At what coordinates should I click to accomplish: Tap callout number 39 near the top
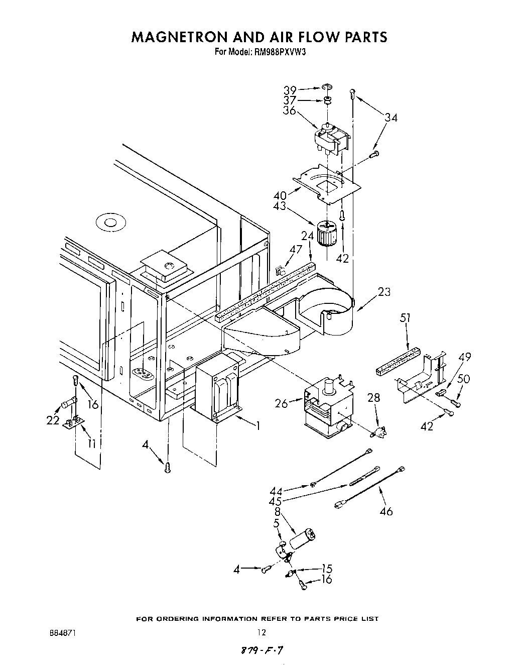[x=290, y=90]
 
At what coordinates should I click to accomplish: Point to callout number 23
[x=384, y=291]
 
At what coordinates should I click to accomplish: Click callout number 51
[x=406, y=318]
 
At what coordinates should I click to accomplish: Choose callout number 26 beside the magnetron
[x=282, y=403]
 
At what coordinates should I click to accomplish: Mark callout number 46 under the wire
[x=386, y=511]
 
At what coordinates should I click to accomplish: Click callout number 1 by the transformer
[x=258, y=426]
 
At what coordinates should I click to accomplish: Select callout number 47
[x=296, y=249]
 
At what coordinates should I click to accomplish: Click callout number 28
[x=373, y=398]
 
